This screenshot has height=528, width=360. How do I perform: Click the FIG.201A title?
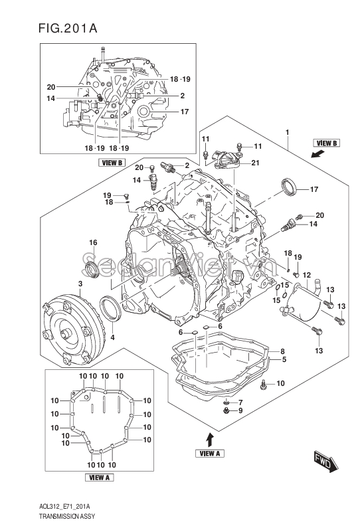[68, 29]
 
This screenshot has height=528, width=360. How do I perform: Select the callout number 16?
[93, 242]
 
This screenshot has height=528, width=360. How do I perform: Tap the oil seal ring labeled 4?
[110, 308]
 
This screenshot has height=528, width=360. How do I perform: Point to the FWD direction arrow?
[326, 460]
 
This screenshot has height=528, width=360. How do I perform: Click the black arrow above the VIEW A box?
[210, 440]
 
